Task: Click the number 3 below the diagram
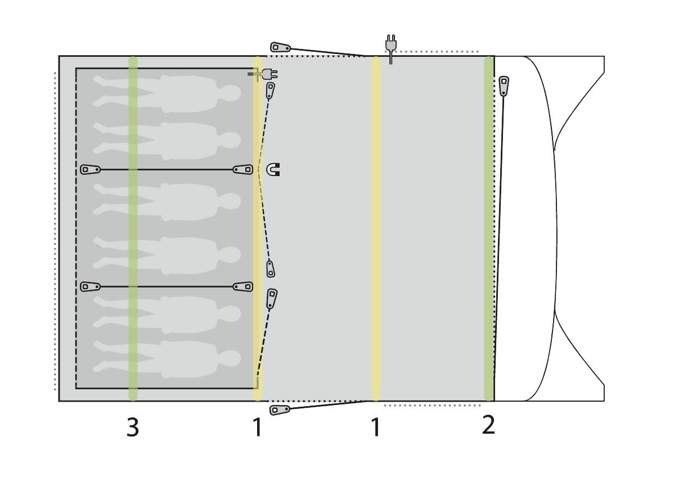(133, 427)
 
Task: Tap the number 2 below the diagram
(488, 425)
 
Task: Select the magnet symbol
(273, 170)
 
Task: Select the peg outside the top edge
(280, 48)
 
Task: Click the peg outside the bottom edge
(280, 409)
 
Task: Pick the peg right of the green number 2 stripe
(504, 85)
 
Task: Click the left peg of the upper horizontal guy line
(90, 170)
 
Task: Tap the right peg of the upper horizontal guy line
(243, 170)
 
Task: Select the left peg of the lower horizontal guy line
(90, 287)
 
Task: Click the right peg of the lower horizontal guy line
(243, 287)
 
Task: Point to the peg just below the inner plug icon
(271, 91)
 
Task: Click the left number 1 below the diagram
(257, 427)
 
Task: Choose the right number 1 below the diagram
(375, 427)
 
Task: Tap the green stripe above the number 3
(133, 228)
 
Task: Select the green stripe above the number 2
(488, 228)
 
